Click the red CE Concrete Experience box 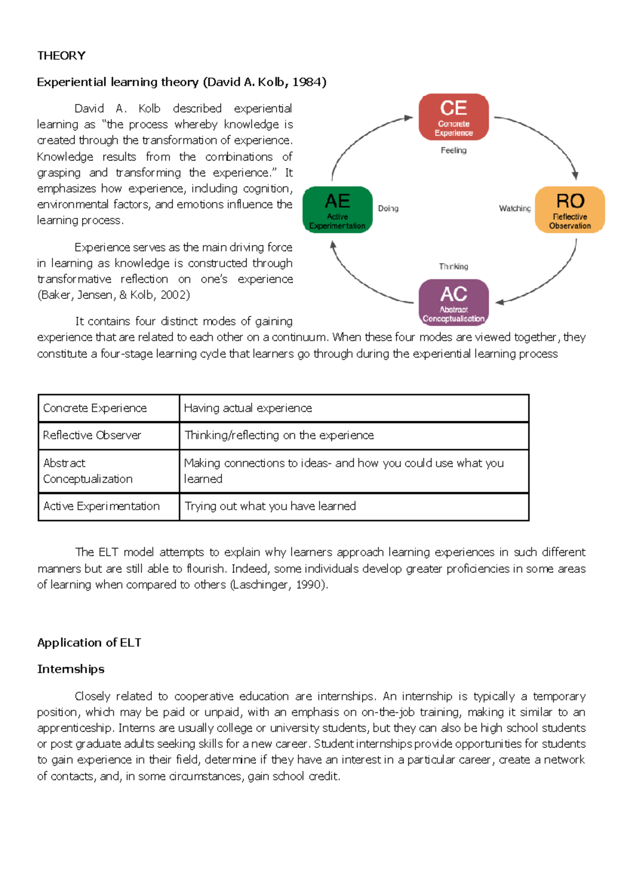(453, 117)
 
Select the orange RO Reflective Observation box (570, 210)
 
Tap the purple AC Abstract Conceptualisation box (453, 302)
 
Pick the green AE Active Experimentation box (337, 210)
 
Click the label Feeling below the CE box (453, 150)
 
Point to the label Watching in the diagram (514, 209)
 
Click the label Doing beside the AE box (388, 209)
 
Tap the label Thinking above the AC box (453, 266)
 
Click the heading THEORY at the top (61, 56)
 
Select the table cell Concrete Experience (95, 408)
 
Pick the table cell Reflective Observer (92, 435)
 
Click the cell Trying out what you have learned (270, 507)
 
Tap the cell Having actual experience (248, 408)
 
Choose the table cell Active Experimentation (101, 507)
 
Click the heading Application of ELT (89, 643)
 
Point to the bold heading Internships (71, 669)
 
